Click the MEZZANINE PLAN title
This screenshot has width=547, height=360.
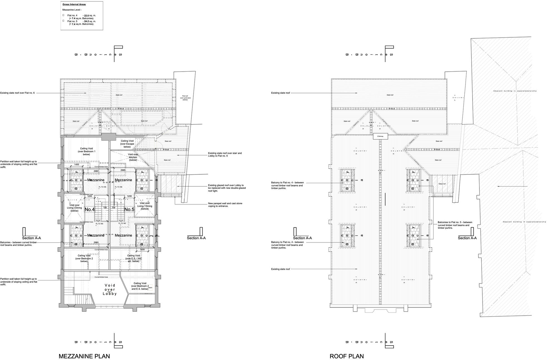(84, 356)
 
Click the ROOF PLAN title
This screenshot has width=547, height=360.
(347, 356)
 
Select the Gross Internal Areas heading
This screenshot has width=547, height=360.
(74, 4)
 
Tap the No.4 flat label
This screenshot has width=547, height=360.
(89, 209)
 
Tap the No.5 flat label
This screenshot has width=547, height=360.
(129, 209)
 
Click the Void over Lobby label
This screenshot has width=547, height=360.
(110, 289)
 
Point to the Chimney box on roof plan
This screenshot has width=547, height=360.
(380, 136)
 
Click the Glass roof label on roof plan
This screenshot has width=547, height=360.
(442, 184)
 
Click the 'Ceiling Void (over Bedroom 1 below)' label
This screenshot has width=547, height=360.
(86, 151)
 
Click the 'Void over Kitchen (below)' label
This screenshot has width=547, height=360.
(133, 157)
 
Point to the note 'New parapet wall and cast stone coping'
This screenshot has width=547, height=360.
(225, 205)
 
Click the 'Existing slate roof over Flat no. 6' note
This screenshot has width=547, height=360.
(18, 93)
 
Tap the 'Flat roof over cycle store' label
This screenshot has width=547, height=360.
(185, 98)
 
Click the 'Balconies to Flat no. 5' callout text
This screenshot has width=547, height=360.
(455, 225)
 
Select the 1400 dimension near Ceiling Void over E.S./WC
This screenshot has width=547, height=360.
(142, 249)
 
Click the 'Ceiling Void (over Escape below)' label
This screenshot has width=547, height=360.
(127, 144)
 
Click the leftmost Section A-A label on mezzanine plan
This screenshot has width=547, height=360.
(31, 238)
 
